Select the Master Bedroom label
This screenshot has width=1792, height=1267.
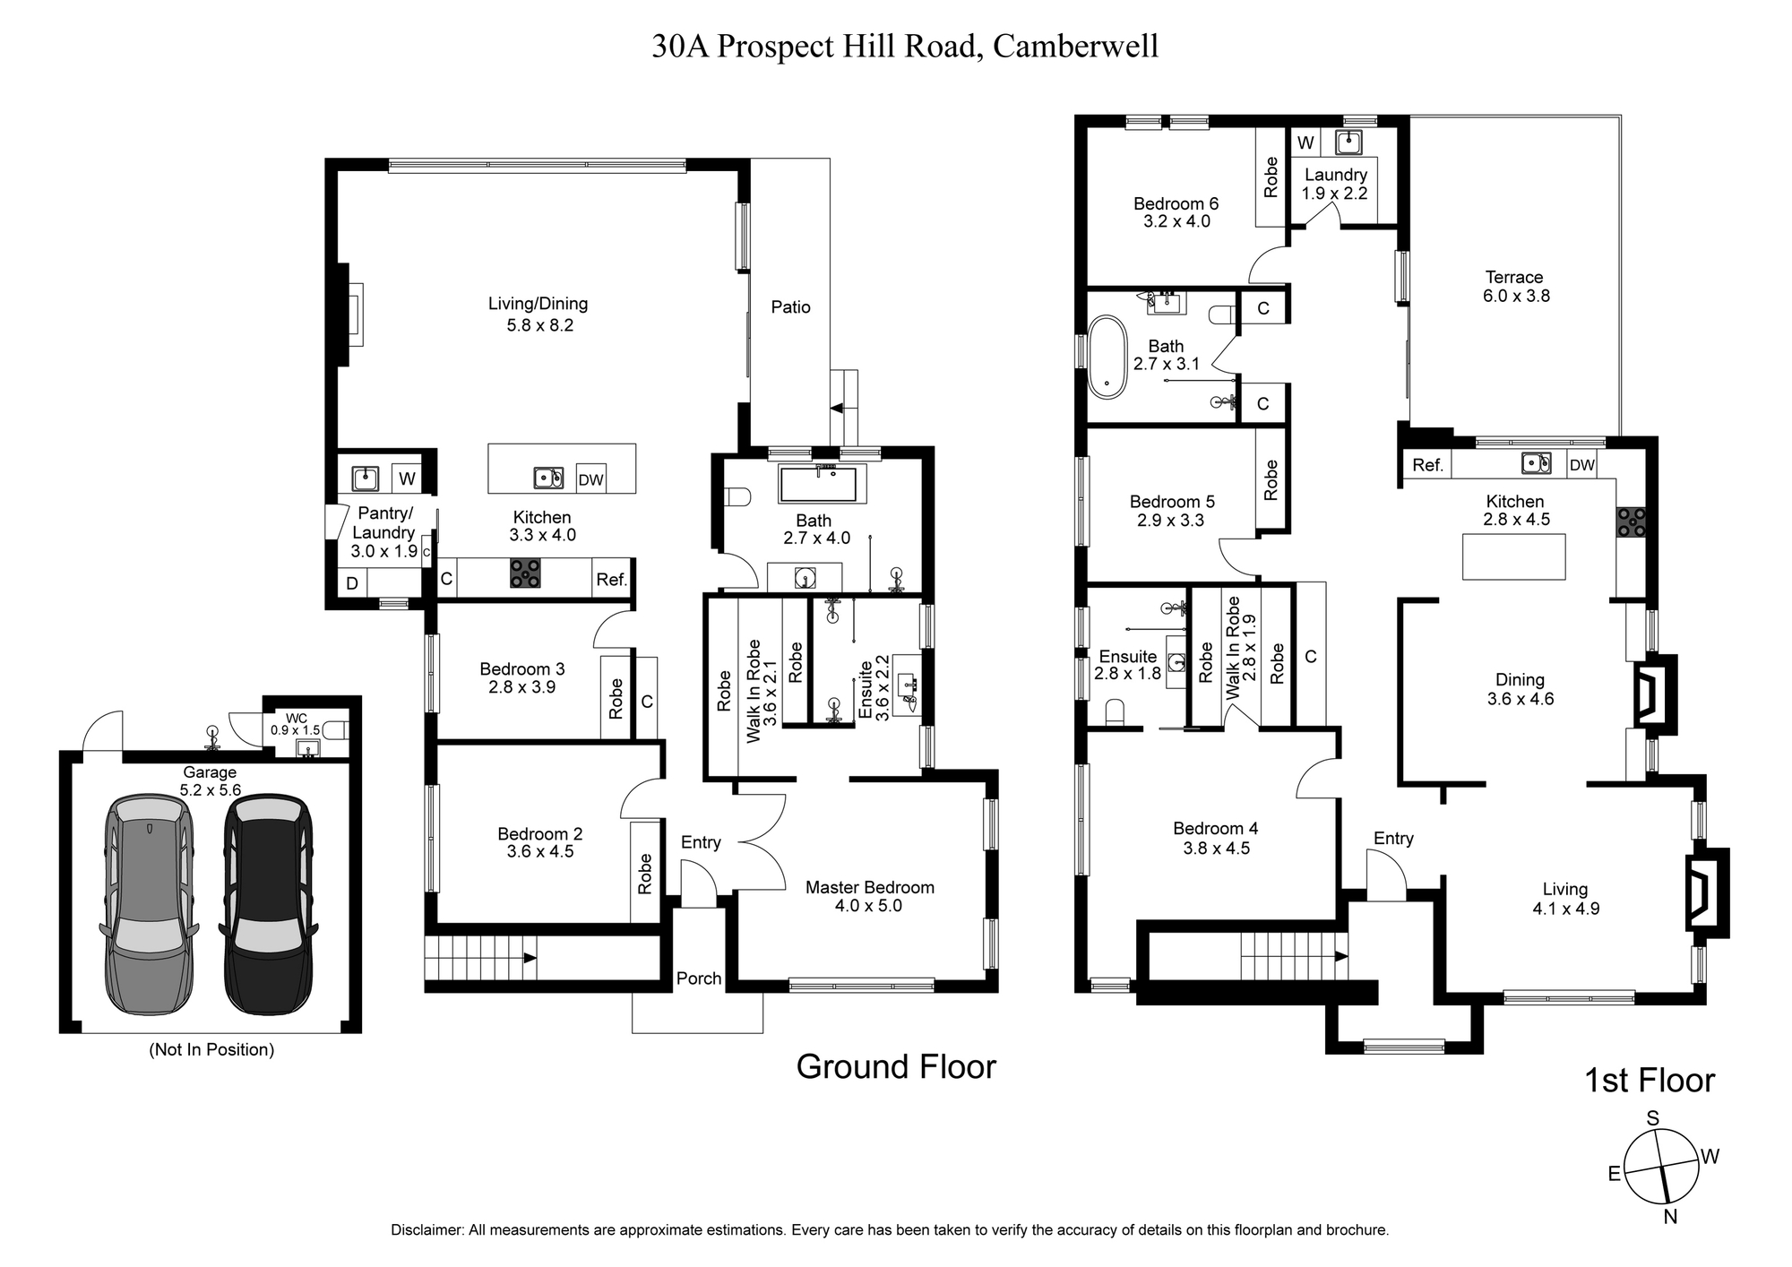[869, 888]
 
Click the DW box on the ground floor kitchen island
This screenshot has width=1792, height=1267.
[590, 479]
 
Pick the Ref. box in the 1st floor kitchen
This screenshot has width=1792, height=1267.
[1427, 465]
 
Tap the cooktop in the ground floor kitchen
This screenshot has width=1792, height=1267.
[525, 573]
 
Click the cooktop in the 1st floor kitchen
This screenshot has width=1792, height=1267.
[1631, 522]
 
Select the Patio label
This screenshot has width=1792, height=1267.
[790, 307]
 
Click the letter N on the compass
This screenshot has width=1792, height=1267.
[1670, 1242]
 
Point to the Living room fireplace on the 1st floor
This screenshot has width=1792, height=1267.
[1707, 892]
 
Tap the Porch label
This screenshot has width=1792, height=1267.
[699, 978]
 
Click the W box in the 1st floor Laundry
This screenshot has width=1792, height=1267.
[1305, 143]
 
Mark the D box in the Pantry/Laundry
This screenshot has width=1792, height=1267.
[352, 583]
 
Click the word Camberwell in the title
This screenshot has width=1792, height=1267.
[1075, 46]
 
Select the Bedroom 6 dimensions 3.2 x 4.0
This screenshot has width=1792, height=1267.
[1176, 221]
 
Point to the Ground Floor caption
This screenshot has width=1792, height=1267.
[896, 1067]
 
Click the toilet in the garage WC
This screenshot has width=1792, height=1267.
[336, 729]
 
